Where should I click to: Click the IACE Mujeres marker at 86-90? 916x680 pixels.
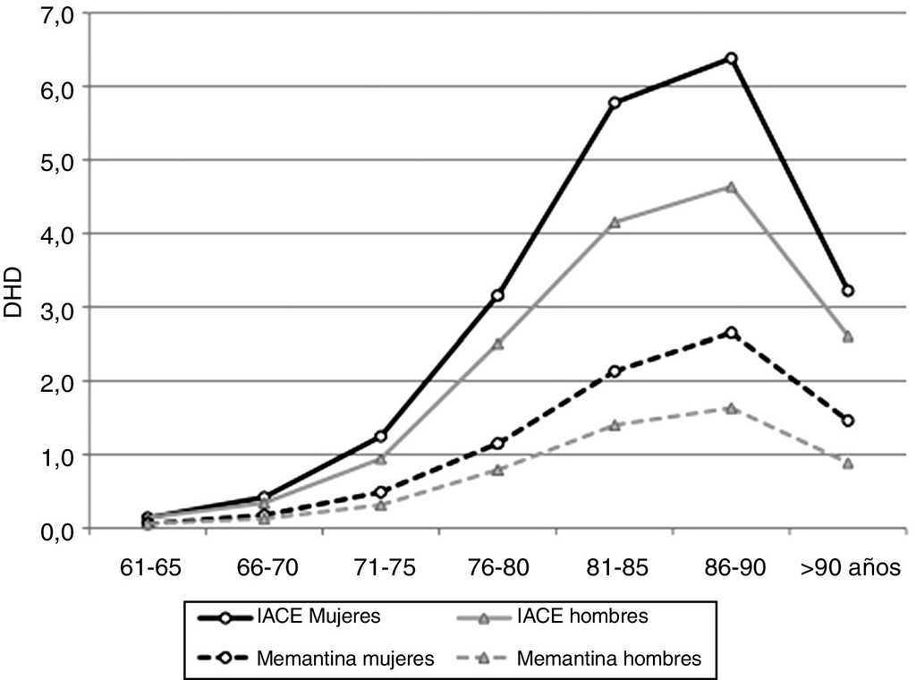point(731,59)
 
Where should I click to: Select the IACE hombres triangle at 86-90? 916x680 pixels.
point(731,187)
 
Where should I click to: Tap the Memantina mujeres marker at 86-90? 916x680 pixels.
point(731,333)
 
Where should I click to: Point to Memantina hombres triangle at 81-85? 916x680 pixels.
point(615,425)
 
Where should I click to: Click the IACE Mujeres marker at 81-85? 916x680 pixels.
point(615,103)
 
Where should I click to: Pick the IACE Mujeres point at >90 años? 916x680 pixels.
point(848,291)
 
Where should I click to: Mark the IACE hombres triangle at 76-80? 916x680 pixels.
point(497,344)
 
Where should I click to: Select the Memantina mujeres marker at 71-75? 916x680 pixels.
point(380,492)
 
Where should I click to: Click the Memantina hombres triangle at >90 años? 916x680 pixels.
point(848,463)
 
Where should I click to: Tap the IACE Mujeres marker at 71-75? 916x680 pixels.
point(380,437)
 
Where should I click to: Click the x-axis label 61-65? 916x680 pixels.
point(147,568)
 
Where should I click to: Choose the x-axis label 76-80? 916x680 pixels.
point(497,568)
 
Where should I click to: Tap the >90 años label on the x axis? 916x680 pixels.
point(848,568)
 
